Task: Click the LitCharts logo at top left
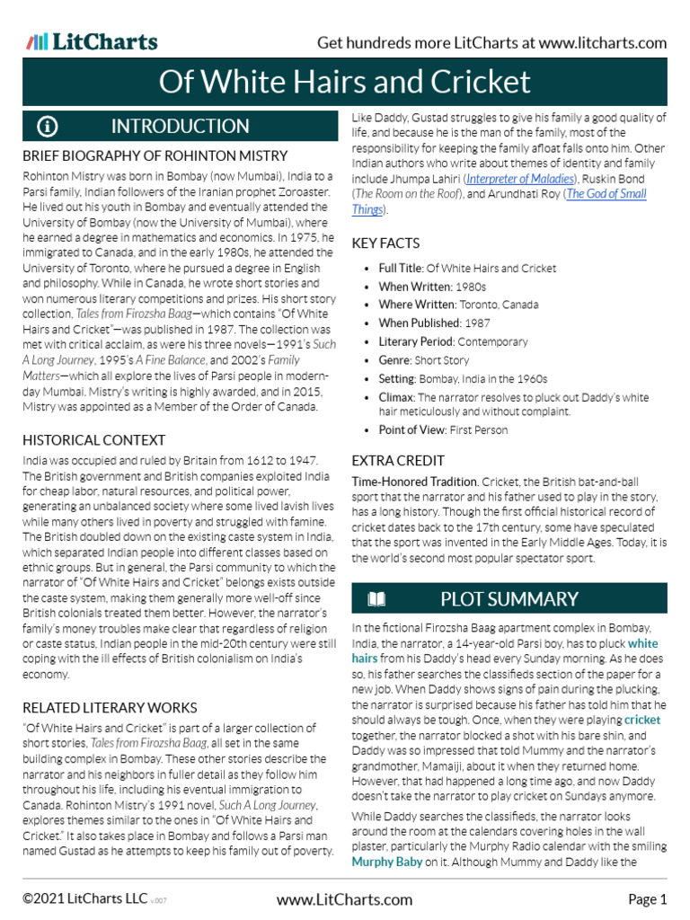point(92,42)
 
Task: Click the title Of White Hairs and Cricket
point(345,83)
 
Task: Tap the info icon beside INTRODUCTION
point(48,126)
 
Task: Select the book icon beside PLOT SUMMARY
point(376,599)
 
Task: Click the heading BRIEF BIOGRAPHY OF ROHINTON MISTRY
point(155,156)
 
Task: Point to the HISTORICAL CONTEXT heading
point(93,440)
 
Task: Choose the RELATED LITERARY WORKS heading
point(110,708)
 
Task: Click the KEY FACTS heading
point(385,243)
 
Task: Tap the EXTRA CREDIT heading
point(398,460)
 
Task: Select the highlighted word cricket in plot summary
point(642,721)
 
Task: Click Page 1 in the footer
point(647,899)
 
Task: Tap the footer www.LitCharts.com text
point(345,899)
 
